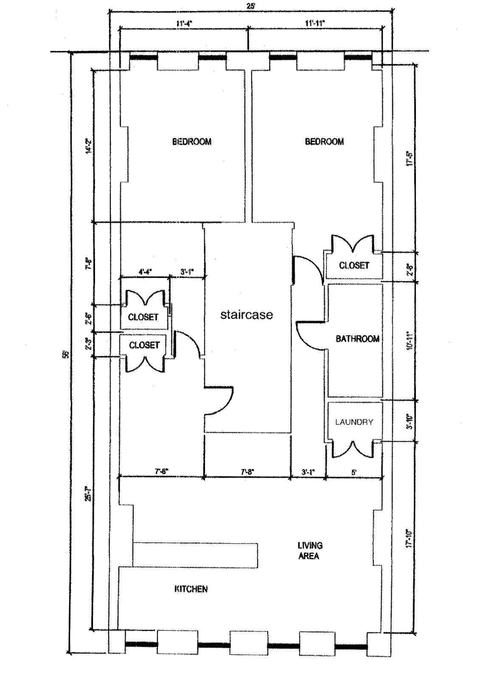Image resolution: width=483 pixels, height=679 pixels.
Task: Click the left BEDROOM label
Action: [191, 142]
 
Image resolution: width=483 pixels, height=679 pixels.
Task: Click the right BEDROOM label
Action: [324, 142]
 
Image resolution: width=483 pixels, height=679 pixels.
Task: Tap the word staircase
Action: [246, 315]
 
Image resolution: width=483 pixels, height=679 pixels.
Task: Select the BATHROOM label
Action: [357, 339]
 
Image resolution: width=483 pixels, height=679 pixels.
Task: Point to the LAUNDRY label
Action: [354, 422]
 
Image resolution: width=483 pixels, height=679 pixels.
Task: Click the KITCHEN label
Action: [191, 589]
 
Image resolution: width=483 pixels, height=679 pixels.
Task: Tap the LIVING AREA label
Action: [309, 550]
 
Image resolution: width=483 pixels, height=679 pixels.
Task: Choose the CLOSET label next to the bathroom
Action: [354, 265]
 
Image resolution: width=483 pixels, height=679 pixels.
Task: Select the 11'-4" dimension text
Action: [184, 24]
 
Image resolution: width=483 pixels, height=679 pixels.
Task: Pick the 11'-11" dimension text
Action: [315, 24]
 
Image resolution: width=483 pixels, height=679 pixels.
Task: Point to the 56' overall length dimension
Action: [65, 354]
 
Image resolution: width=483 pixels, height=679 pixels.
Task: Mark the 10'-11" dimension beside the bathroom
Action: [409, 341]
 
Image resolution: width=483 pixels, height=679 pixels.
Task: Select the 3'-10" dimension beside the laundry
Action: [409, 421]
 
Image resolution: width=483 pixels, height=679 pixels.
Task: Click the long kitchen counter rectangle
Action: [195, 555]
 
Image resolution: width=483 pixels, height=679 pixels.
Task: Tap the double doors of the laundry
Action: [354, 450]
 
